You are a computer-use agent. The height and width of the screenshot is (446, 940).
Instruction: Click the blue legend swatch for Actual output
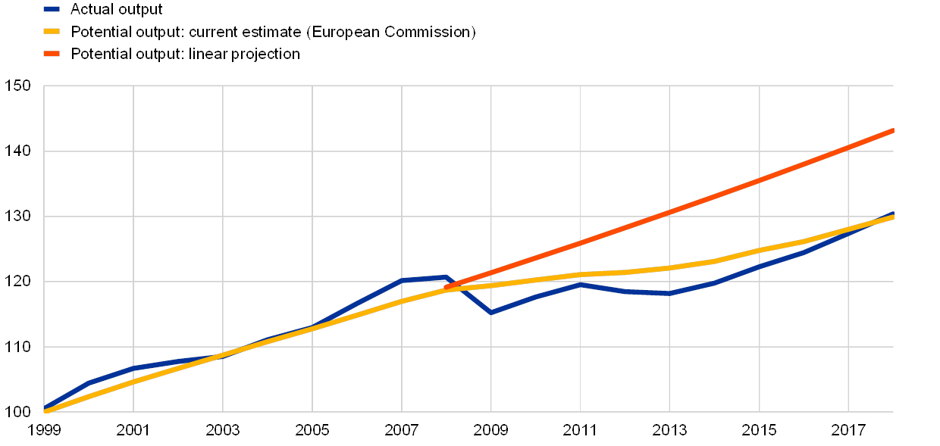coord(52,10)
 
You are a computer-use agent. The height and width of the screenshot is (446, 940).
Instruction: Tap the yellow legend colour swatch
coord(52,32)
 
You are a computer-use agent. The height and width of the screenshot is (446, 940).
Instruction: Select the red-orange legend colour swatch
coord(52,54)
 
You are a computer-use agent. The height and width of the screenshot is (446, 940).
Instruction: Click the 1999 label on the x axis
coord(44,431)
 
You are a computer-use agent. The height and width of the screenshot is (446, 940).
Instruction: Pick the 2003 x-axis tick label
coord(223,431)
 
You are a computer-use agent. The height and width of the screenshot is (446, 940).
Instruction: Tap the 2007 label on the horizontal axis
coord(402,431)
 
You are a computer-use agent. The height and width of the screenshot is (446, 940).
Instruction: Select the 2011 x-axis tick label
coord(581,431)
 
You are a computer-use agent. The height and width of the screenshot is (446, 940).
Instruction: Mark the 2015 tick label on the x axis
coord(760,431)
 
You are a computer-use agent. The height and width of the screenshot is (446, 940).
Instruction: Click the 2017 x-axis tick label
coord(849,431)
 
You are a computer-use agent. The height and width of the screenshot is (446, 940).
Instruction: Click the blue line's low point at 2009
coord(491,312)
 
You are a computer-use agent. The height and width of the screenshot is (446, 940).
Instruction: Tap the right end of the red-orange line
coord(893,131)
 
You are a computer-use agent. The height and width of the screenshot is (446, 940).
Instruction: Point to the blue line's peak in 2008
coord(446,277)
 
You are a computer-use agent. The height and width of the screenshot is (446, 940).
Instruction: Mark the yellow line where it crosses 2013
coord(670,267)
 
